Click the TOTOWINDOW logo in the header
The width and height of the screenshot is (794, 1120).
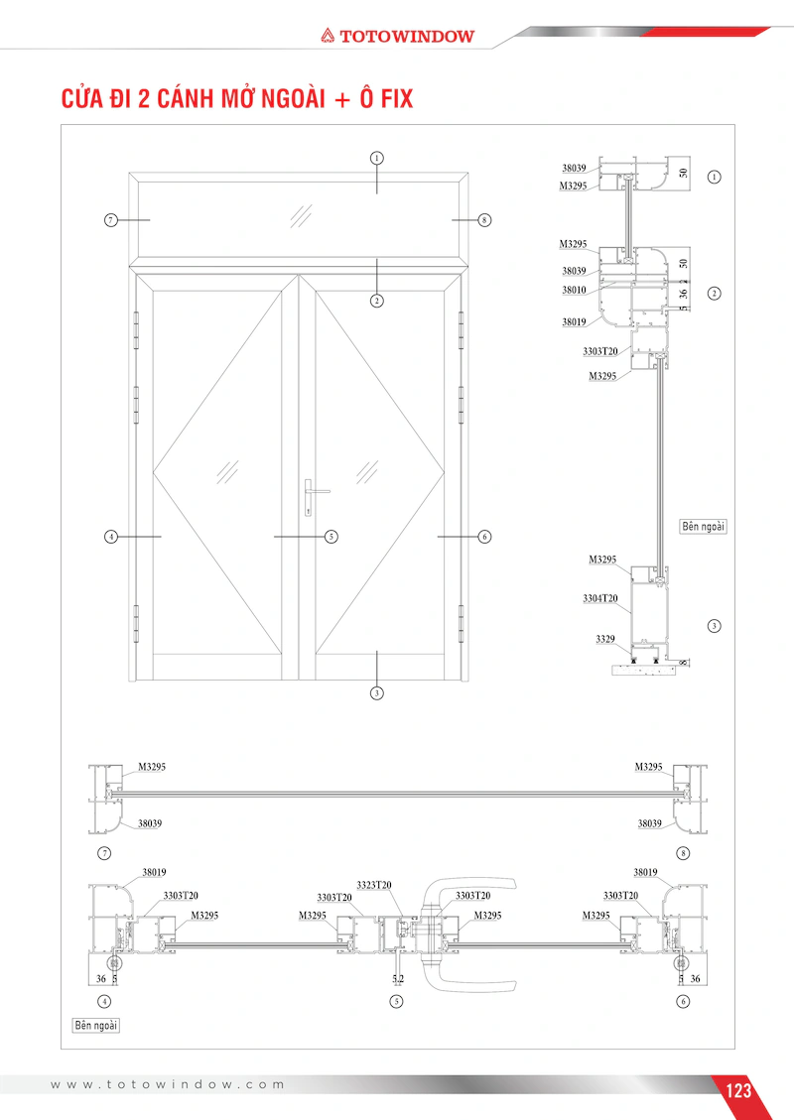397,36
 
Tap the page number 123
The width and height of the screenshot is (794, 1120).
738,1090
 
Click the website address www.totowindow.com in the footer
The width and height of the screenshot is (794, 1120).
168,1084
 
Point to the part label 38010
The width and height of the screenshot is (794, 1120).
574,290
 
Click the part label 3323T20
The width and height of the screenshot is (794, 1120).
374,885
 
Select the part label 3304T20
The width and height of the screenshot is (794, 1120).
600,598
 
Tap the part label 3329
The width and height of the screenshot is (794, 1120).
605,639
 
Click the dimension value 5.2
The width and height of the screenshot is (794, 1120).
398,978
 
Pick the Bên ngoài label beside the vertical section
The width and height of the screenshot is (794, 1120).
704,527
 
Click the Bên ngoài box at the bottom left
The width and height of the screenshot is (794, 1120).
96,1025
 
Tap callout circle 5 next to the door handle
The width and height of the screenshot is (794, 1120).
331,537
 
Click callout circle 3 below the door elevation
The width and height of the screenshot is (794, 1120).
376,692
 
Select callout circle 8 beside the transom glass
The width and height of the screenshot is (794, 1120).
484,220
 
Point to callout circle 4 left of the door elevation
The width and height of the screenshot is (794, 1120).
111,537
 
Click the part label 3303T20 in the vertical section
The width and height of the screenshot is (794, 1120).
600,351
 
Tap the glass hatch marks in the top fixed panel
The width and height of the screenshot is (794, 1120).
301,215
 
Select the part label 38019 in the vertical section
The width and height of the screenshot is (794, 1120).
574,322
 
